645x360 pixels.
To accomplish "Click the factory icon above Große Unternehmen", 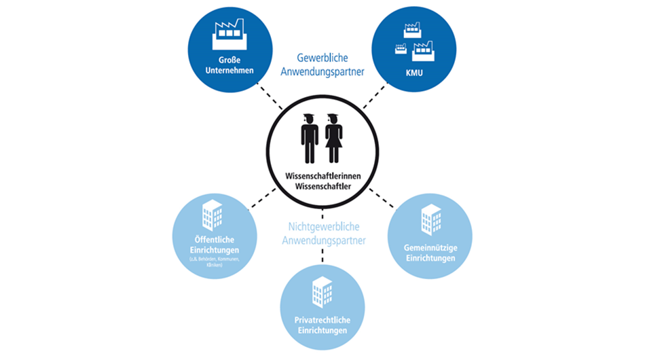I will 229,34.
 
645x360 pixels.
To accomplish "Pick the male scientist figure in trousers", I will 309,138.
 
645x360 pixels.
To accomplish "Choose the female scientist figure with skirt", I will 333,138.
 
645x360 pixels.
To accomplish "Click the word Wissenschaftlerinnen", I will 322,177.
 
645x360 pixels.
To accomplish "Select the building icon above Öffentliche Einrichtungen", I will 213,215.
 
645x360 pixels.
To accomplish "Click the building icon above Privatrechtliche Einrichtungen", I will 321,291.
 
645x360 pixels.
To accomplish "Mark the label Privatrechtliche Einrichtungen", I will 321,324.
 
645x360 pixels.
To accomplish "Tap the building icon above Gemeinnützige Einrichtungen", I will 430,219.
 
